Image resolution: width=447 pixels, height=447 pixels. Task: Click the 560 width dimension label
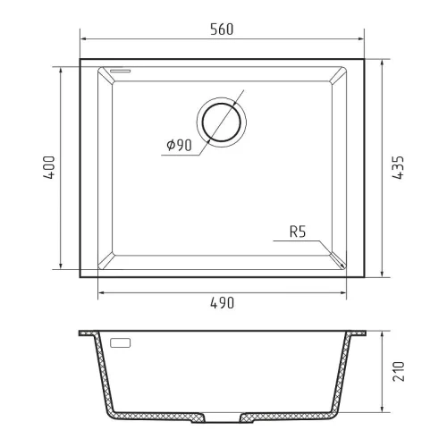(x=222, y=30)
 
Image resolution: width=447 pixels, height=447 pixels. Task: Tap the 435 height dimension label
(x=398, y=167)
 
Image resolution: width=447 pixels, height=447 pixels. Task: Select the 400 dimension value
(x=49, y=167)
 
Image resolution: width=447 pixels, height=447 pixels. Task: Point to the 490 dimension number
(x=223, y=303)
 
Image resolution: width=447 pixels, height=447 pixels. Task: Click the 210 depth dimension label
(x=399, y=371)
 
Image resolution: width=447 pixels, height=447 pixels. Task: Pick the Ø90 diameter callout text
(x=179, y=145)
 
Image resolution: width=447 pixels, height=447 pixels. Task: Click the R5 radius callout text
(x=298, y=232)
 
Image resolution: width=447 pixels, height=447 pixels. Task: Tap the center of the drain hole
(x=222, y=122)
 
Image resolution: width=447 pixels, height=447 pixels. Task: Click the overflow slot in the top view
(x=120, y=71)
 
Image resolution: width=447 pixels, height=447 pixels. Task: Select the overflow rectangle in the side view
(x=121, y=343)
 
